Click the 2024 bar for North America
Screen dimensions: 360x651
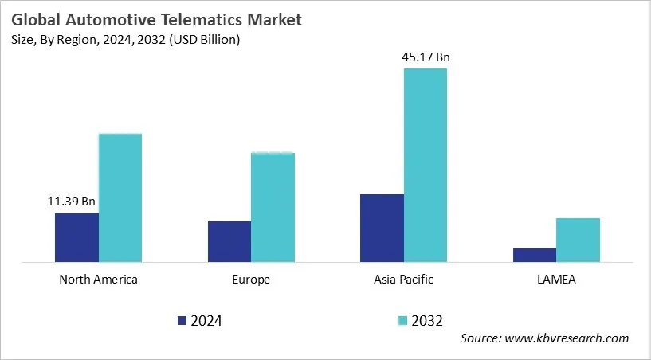76,237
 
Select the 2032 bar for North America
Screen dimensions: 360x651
120,198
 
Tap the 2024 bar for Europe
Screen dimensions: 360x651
229,241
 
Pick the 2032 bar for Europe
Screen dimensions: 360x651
273,207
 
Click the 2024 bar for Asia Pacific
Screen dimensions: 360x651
382,228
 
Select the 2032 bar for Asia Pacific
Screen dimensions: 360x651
426,165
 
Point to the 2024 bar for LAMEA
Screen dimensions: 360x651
535,255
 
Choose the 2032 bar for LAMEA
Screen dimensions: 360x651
578,240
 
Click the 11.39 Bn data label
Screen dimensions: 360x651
71,202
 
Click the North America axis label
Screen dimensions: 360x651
99,280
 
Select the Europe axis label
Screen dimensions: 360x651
251,280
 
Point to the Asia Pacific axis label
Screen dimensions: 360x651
404,280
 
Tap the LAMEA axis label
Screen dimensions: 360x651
556,280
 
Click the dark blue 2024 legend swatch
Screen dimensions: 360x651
182,320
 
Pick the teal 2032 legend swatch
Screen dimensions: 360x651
403,320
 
